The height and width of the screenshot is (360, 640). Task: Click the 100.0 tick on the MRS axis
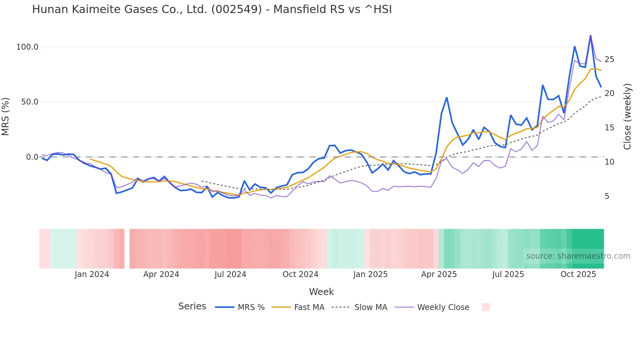[x=27, y=47]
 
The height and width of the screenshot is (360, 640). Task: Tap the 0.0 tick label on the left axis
[x=32, y=157]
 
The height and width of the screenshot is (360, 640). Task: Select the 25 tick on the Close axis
[x=609, y=59]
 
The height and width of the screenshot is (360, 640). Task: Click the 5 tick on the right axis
[x=607, y=196]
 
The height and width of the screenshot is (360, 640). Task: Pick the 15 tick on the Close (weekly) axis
[x=609, y=128]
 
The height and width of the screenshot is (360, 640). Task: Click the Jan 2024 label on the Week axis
[x=92, y=274]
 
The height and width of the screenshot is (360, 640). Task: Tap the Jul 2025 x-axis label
[x=508, y=274]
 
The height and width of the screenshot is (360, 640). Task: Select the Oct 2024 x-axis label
[x=300, y=274]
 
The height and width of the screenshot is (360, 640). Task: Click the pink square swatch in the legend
[x=486, y=307]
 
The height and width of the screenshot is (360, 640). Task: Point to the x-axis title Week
[x=321, y=292]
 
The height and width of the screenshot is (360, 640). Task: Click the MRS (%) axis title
[x=6, y=117]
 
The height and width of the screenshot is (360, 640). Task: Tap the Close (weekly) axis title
[x=627, y=117]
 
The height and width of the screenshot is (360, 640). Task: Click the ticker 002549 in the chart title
[x=236, y=9]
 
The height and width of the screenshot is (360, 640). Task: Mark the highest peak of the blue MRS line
[x=590, y=36]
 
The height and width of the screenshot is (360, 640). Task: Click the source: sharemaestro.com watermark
[x=578, y=256]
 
